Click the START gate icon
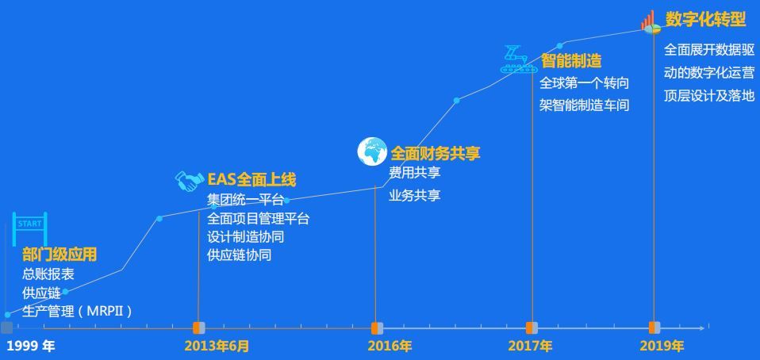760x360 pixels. coord(30,228)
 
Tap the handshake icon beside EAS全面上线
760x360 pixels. coord(189,182)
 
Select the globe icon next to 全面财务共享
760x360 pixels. coord(372,151)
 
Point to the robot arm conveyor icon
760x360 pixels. coord(518,59)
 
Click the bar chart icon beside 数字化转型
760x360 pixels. coord(651,21)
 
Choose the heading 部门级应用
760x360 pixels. coord(59,255)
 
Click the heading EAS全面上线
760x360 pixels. coord(251,180)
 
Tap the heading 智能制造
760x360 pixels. coord(571,61)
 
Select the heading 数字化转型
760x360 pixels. coord(705,19)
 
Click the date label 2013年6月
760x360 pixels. coord(217,346)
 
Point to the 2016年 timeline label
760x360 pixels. coord(390,346)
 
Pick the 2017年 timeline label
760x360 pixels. coord(530,346)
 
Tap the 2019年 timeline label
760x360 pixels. coord(662,346)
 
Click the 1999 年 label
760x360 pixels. coord(30,346)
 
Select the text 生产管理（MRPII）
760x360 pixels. coord(78,311)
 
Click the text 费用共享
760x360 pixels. coord(414,173)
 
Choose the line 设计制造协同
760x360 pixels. coord(245,237)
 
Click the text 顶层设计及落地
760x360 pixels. coord(709,96)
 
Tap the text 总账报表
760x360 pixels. coord(48,274)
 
